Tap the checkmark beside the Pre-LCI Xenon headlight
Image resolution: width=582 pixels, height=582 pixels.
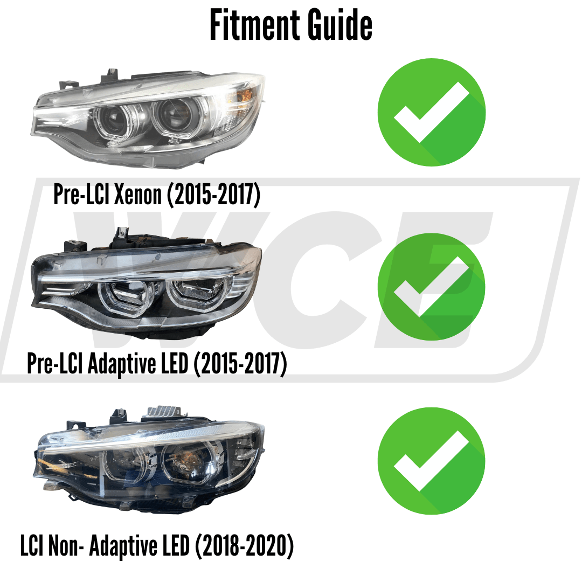(431, 112)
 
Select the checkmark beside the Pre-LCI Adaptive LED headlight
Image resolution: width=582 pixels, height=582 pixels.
(431, 286)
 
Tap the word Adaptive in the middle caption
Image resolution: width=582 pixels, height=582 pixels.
(124, 365)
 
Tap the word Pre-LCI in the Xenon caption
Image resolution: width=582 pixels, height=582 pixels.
(81, 195)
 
